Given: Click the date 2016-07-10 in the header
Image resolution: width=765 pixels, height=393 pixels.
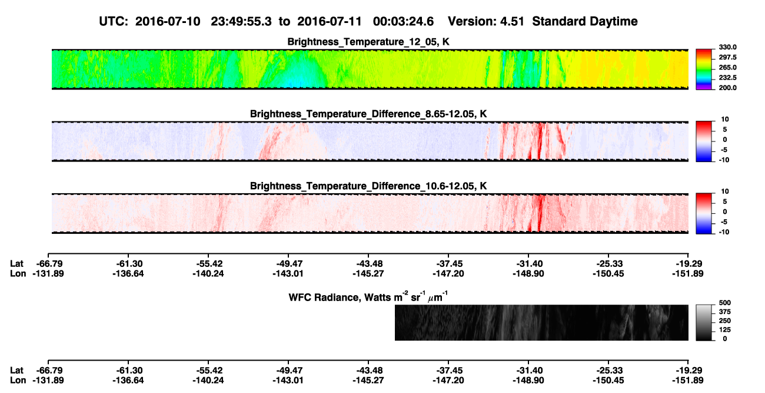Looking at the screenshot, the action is pyautogui.click(x=168, y=22).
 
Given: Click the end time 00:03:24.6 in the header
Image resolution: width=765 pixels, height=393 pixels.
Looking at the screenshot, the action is pyautogui.click(x=403, y=22).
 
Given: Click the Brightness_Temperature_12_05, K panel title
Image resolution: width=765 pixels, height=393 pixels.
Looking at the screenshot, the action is pyautogui.click(x=368, y=42).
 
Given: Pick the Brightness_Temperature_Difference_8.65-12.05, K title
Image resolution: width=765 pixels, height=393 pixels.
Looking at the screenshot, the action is pyautogui.click(x=368, y=114).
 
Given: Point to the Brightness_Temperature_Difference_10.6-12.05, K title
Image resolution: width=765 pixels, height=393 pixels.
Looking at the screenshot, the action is pyautogui.click(x=368, y=186).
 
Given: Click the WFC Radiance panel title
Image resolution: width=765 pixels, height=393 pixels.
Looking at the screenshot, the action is pyautogui.click(x=368, y=297).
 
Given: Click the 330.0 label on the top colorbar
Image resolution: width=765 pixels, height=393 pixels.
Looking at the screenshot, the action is pyautogui.click(x=727, y=47).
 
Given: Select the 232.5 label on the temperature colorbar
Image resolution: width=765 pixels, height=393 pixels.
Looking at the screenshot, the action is pyautogui.click(x=727, y=78).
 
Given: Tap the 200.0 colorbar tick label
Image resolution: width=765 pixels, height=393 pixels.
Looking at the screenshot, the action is pyautogui.click(x=727, y=88).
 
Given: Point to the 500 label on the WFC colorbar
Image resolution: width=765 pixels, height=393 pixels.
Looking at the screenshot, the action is pyautogui.click(x=725, y=303).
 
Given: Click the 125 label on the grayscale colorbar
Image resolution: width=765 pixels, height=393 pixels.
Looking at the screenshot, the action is pyautogui.click(x=725, y=330).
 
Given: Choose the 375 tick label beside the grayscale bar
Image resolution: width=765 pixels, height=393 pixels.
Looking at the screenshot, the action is pyautogui.click(x=725, y=312).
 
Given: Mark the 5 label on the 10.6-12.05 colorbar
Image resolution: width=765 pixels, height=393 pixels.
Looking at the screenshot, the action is pyautogui.click(x=725, y=202).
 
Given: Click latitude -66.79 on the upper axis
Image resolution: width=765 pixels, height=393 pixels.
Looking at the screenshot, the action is pyautogui.click(x=48, y=264).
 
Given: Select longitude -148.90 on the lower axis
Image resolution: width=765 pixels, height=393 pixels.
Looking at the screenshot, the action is pyautogui.click(x=528, y=380).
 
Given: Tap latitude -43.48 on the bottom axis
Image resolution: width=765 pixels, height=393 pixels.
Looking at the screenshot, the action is pyautogui.click(x=368, y=370).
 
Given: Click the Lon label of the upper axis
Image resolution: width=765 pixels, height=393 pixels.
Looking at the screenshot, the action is pyautogui.click(x=18, y=273).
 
